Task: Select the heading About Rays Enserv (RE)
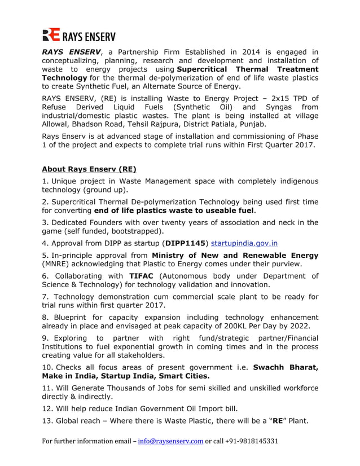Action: pos(89,169)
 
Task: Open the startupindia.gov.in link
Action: pos(244,244)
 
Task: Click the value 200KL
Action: pos(231,327)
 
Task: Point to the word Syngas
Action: pos(283,107)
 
